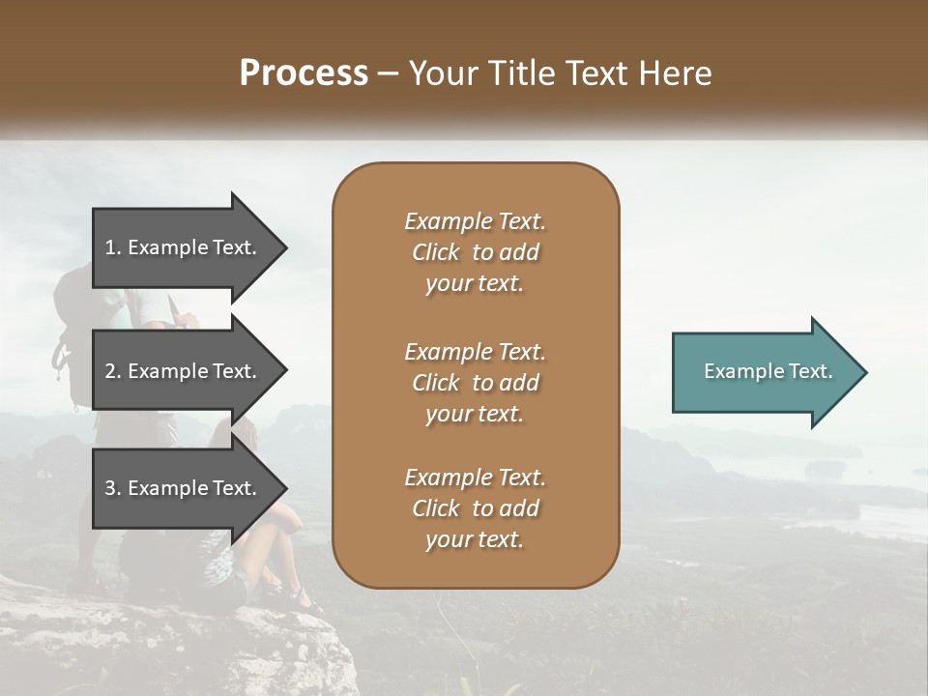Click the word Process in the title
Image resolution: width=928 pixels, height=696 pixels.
(x=304, y=73)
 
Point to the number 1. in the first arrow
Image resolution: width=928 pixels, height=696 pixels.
(x=113, y=247)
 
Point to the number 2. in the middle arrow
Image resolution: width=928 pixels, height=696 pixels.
(x=113, y=371)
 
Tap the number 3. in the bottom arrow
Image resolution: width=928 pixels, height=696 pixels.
(x=113, y=488)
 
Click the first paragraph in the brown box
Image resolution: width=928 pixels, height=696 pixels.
(x=475, y=252)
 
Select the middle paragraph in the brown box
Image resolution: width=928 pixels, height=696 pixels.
(x=475, y=383)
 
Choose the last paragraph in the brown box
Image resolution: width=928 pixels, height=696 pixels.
(x=475, y=508)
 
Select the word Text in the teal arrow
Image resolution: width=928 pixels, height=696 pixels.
(x=812, y=371)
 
